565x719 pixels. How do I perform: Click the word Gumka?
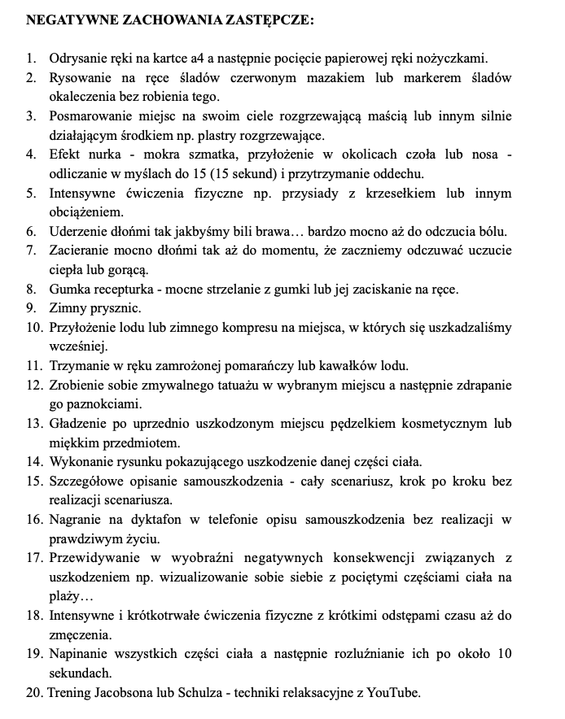coord(69,289)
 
